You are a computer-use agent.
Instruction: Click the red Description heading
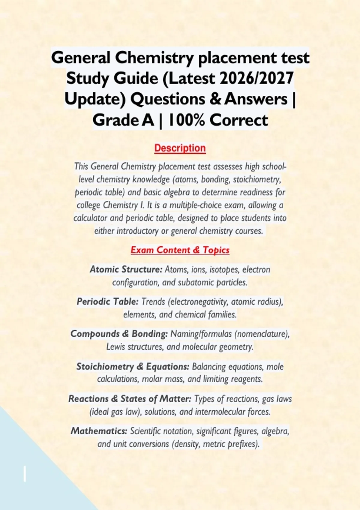[x=180, y=148]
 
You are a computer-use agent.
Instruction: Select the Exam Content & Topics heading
[x=180, y=250]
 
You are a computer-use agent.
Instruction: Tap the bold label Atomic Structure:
[x=126, y=269]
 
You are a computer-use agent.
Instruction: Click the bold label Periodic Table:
[x=108, y=301]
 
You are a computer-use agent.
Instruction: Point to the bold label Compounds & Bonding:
[x=119, y=334]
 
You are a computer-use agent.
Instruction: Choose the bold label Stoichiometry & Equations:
[x=133, y=367]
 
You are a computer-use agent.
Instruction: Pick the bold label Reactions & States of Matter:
[x=130, y=399]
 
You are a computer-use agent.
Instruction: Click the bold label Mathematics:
[x=99, y=431]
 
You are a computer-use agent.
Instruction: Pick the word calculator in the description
[x=90, y=218]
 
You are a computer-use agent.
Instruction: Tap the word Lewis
[x=115, y=347]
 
